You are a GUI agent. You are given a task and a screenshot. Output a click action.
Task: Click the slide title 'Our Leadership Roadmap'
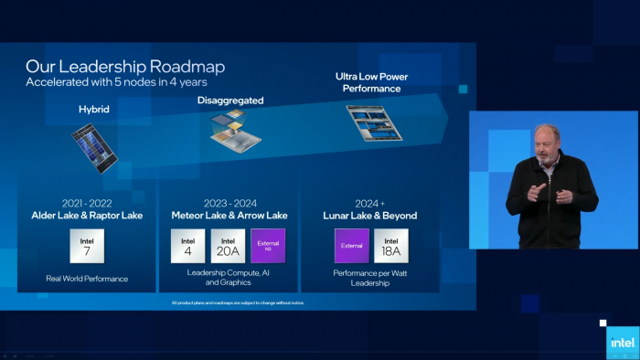[x=125, y=67]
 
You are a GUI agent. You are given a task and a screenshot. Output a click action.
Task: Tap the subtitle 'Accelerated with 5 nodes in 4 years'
[x=116, y=82]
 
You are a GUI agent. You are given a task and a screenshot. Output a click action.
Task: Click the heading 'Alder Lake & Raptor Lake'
[x=87, y=216]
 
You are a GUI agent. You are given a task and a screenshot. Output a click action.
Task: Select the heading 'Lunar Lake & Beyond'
[x=371, y=216]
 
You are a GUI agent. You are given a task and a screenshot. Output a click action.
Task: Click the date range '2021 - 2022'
[x=87, y=204]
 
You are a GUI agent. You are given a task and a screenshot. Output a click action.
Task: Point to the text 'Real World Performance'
[x=87, y=278]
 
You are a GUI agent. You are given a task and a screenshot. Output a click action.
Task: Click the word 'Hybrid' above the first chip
[x=95, y=110]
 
